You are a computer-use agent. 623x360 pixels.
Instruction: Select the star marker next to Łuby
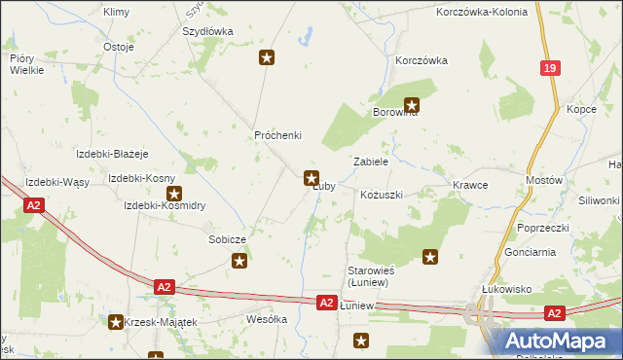(311, 178)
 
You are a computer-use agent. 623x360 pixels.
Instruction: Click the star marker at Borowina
(412, 104)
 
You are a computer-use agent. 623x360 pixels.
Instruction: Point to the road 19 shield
(551, 68)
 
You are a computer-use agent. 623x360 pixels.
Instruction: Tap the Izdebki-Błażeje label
(112, 154)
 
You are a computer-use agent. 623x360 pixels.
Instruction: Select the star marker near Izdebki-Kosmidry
(174, 193)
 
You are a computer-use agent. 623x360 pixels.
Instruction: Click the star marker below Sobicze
(239, 260)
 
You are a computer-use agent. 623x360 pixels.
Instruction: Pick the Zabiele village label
(371, 162)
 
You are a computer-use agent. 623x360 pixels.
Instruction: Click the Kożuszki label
(381, 195)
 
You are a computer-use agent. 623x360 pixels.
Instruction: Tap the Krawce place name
(470, 184)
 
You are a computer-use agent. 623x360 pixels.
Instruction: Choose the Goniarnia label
(531, 251)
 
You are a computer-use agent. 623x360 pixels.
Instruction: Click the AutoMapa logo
(559, 341)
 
